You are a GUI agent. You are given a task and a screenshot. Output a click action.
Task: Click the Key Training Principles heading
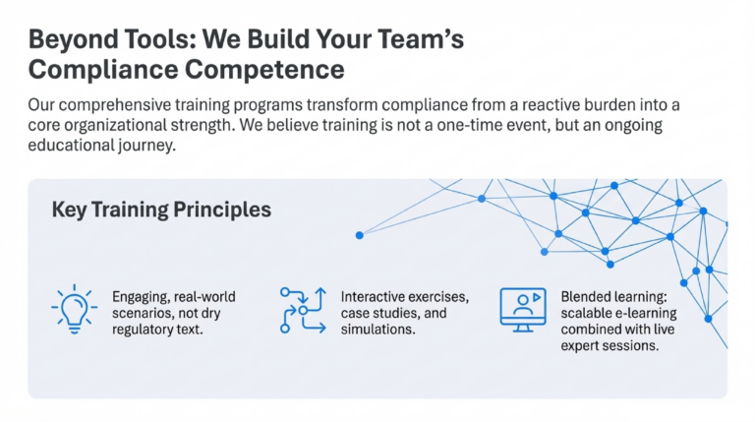(x=161, y=211)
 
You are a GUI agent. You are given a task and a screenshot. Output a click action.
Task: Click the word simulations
(x=377, y=330)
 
